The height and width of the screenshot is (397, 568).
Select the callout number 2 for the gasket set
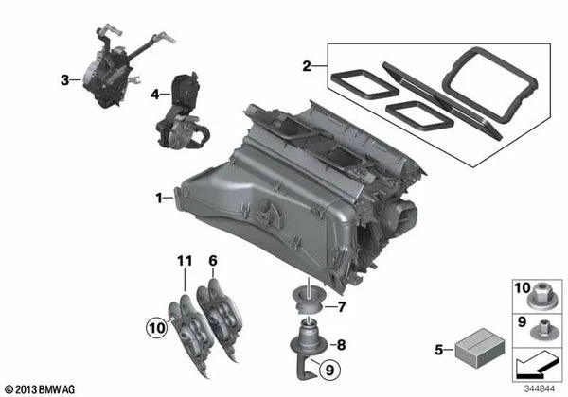tap(305, 66)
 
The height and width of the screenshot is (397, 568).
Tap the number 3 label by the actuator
tap(64, 81)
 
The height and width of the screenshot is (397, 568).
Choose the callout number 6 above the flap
tap(213, 260)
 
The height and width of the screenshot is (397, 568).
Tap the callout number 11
tap(184, 260)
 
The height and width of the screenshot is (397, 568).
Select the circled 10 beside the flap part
tap(154, 328)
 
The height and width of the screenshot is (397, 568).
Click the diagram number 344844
tap(537, 388)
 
